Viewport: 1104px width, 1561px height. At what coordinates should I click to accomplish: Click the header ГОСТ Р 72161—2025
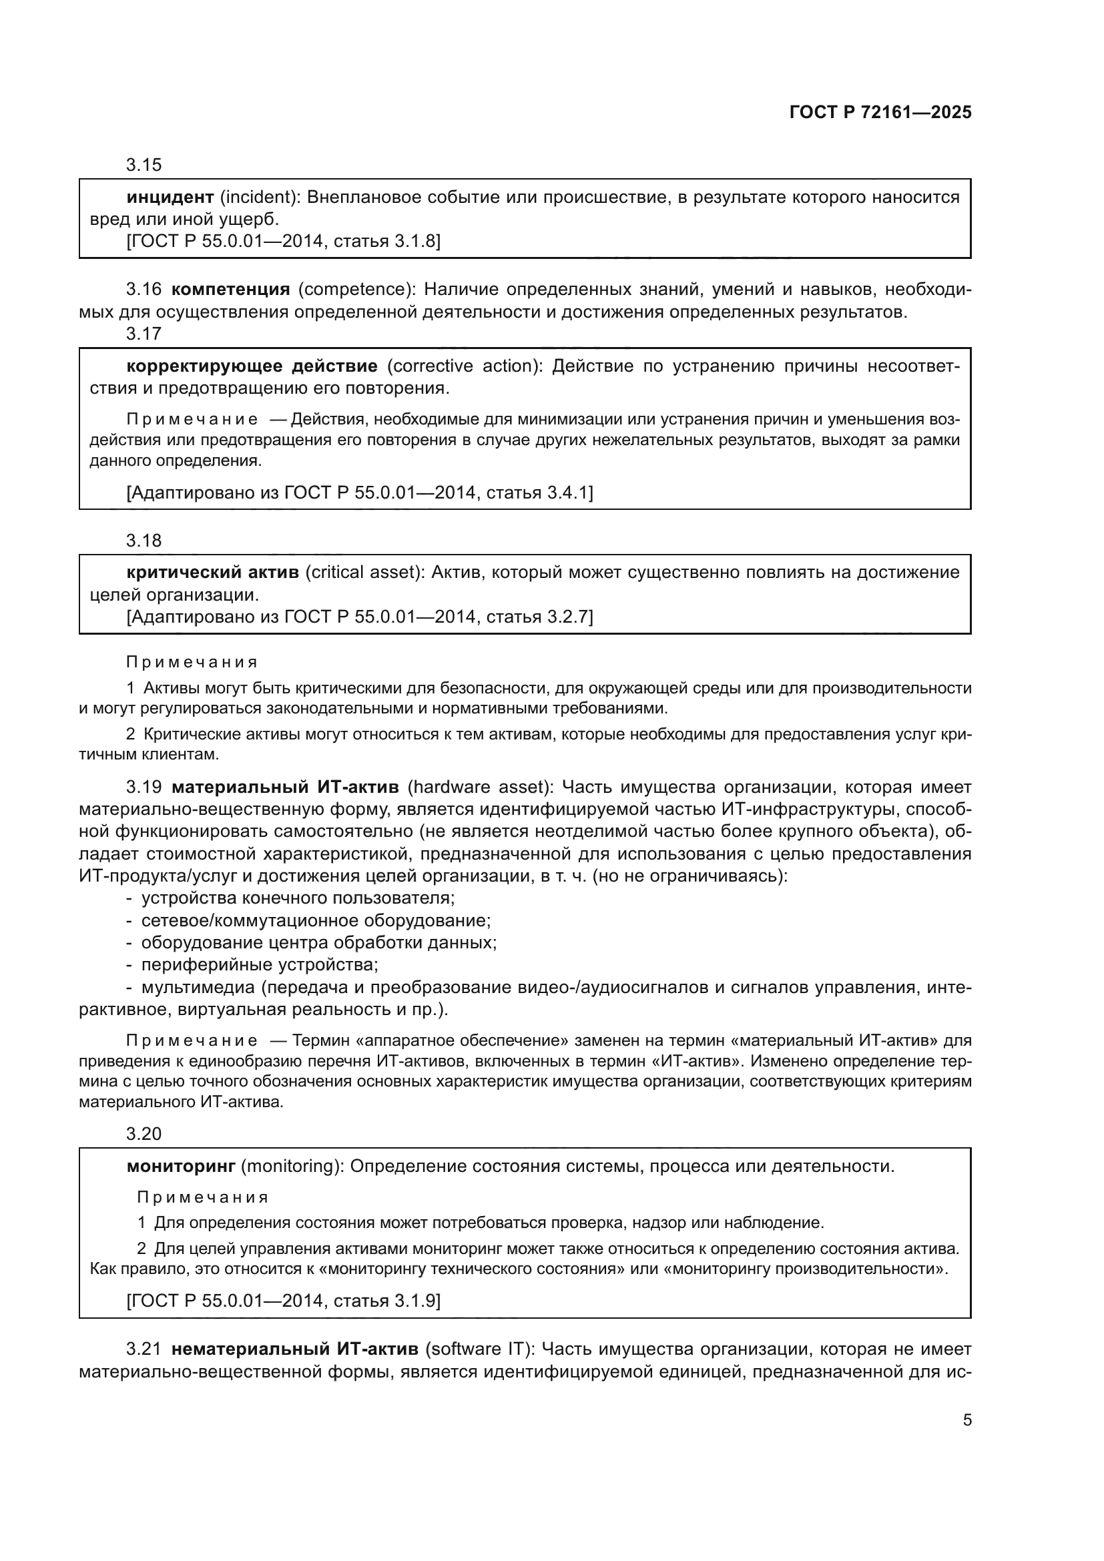tap(880, 113)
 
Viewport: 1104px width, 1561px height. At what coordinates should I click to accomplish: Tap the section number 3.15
tap(144, 166)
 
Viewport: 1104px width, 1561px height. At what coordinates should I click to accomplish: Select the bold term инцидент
tap(170, 198)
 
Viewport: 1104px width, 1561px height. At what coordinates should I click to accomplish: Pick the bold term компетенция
tap(230, 290)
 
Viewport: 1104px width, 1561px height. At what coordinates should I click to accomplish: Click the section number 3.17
tap(144, 334)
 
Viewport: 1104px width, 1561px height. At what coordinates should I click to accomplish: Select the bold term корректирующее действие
tap(252, 366)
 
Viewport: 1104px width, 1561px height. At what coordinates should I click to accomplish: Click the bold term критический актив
tap(213, 573)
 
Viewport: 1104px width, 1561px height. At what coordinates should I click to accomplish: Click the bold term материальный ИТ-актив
tap(285, 788)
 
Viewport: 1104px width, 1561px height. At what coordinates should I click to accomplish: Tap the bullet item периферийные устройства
tap(259, 965)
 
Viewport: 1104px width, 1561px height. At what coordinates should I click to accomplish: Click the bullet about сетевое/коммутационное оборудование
tap(316, 920)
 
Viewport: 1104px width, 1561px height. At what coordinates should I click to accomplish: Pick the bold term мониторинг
tap(181, 1167)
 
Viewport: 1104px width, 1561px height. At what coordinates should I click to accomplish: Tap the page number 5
tap(967, 1420)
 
